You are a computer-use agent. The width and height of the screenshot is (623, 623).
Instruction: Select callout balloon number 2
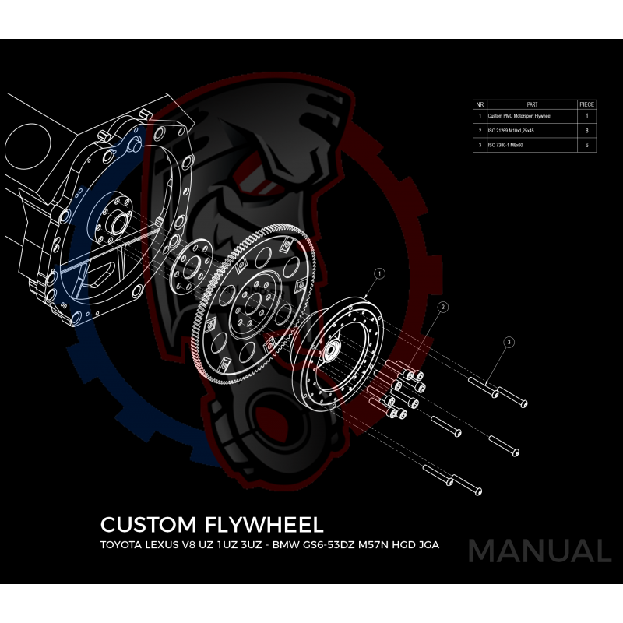point(443,308)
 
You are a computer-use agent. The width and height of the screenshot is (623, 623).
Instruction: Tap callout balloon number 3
point(509,342)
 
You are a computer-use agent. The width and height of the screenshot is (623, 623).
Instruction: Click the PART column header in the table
point(532,104)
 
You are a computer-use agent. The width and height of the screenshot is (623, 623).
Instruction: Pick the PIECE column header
point(586,104)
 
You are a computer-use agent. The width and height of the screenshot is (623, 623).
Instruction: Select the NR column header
point(480,104)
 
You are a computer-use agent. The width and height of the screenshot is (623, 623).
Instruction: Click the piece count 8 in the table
point(586,131)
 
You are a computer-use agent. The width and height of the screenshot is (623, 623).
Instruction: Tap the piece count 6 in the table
point(586,145)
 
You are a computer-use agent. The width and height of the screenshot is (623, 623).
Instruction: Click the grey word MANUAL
point(539,551)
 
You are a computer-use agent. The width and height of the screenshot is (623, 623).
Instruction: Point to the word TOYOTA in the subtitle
point(127,545)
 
